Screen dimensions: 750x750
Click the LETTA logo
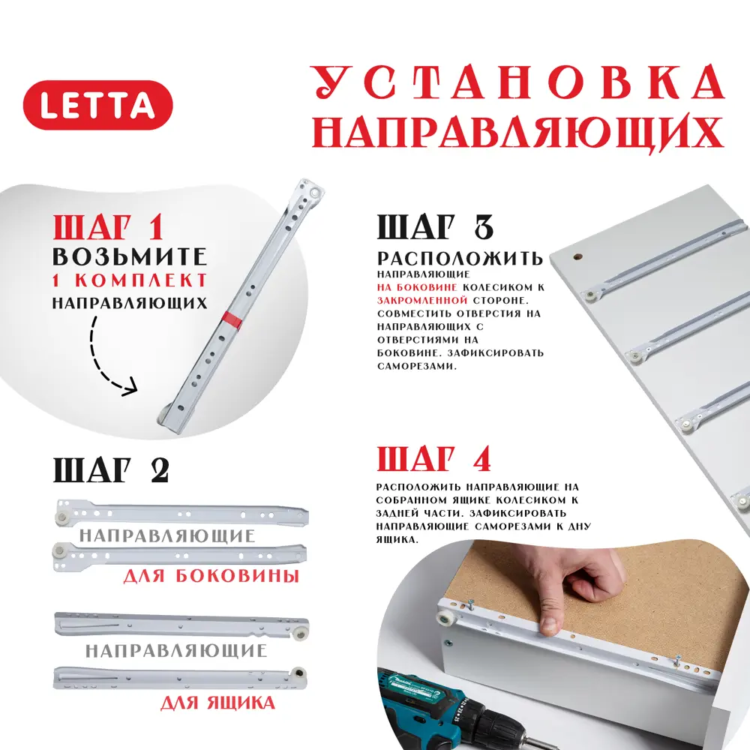click(x=97, y=105)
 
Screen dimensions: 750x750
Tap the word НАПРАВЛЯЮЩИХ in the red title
click(x=517, y=133)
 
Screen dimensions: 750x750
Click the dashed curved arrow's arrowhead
click(x=130, y=389)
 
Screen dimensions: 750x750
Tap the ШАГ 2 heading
click(x=111, y=469)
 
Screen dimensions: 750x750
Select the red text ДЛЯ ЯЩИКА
click(x=217, y=703)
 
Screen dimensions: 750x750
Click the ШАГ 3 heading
click(x=436, y=226)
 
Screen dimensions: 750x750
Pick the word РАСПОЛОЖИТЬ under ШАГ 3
click(x=460, y=259)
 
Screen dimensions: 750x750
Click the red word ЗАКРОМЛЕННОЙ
click(x=417, y=298)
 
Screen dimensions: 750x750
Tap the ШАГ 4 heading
click(x=436, y=457)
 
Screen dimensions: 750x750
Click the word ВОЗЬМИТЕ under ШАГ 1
click(x=129, y=256)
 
